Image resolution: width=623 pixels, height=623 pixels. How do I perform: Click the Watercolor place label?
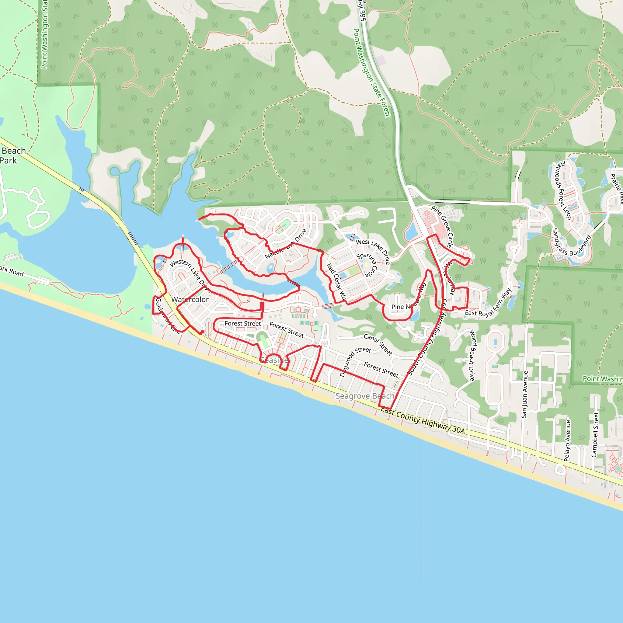(x=190, y=300)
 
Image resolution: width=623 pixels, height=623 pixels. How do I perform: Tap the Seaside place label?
(x=274, y=360)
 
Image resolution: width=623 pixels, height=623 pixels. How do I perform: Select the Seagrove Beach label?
(x=365, y=396)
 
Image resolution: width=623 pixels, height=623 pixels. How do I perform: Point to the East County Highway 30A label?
(x=423, y=420)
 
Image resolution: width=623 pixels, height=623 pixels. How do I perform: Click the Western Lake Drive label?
(x=190, y=272)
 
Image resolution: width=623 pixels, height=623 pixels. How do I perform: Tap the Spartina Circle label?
(x=367, y=265)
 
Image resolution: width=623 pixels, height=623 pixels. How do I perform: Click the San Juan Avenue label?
(x=525, y=395)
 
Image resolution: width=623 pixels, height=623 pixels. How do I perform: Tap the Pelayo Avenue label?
(x=568, y=440)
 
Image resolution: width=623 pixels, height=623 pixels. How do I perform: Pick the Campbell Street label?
(x=595, y=434)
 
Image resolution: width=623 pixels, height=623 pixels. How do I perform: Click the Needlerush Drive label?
(x=286, y=244)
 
